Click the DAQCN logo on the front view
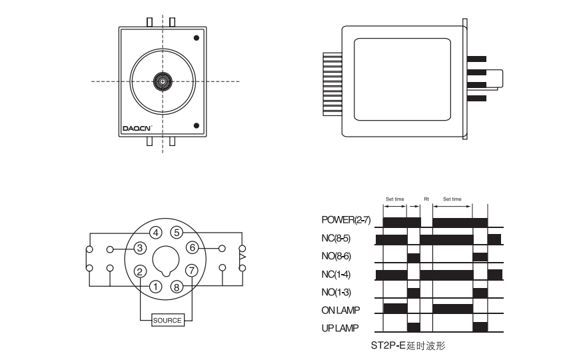(137, 129)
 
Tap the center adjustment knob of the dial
(163, 81)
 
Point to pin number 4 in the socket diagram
(156, 233)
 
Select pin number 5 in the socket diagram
(177, 233)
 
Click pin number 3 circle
(140, 248)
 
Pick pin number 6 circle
(193, 247)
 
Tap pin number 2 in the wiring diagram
(139, 272)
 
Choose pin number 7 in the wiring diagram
(192, 271)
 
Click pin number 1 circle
(156, 287)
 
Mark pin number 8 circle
(177, 287)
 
